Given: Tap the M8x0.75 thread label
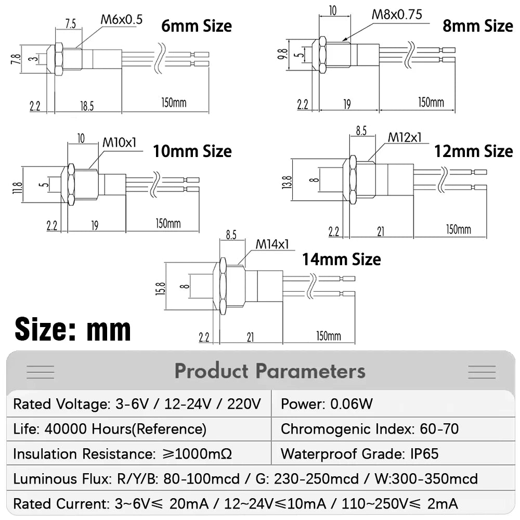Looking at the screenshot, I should tap(397, 14).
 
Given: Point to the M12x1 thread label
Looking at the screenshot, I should tap(405, 137).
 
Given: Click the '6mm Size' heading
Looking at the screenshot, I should tap(196, 25).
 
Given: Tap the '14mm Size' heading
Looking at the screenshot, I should tap(341, 259).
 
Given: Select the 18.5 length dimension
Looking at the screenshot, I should tap(87, 106).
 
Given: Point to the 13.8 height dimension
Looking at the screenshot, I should tap(287, 181).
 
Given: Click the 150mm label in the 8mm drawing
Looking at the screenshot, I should tap(431, 103).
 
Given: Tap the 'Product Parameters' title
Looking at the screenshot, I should tap(270, 371).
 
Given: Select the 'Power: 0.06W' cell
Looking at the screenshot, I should tap(327, 404).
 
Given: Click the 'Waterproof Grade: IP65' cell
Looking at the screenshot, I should tap(360, 454).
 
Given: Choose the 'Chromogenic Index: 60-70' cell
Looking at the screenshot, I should tap(370, 429).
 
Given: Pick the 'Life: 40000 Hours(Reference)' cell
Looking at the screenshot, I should tap(110, 429).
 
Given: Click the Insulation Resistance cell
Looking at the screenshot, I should tap(123, 454).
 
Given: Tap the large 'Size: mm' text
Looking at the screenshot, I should tap(73, 330).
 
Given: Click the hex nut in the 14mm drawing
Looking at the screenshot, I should tap(223, 286).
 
